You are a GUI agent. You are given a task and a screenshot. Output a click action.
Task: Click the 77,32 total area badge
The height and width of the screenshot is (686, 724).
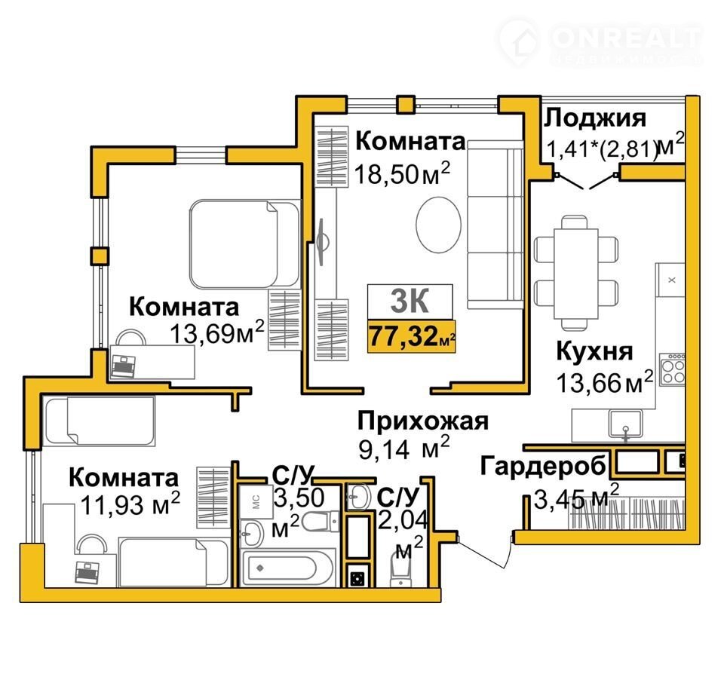coord(412,336)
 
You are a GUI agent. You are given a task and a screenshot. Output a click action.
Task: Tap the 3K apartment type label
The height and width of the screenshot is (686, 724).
coord(410,301)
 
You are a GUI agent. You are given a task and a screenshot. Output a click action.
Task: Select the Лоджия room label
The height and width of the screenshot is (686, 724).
coord(595,118)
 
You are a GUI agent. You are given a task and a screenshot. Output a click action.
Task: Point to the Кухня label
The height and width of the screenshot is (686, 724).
coord(594,352)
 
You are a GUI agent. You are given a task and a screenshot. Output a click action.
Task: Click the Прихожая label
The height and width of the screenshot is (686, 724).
coord(422,421)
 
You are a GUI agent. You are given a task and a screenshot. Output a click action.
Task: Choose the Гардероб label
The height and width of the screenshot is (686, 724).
coord(543,467)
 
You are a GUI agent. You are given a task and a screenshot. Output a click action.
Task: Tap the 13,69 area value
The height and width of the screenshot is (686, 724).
coord(213,333)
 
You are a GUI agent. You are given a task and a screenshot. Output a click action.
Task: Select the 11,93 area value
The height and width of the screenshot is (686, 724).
coord(124,505)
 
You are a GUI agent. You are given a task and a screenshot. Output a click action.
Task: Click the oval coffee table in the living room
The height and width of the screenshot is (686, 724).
coord(438,225)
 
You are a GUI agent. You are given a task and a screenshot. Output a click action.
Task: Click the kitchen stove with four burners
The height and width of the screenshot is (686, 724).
coord(672,370)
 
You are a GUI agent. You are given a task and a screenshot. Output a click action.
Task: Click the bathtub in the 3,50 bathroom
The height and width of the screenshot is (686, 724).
coord(287,568)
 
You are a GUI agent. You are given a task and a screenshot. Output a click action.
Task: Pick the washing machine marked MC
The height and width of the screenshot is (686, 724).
coord(256,501)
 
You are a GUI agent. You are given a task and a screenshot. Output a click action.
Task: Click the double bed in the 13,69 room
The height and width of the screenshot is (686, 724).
coord(244,244)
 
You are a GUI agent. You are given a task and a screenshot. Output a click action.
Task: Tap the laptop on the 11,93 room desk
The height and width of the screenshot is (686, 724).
coord(87,573)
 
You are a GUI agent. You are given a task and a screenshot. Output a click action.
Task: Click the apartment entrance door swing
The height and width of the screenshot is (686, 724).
coord(486,551)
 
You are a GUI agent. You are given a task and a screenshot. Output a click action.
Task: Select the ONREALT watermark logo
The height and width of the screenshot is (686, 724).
coord(600,43)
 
